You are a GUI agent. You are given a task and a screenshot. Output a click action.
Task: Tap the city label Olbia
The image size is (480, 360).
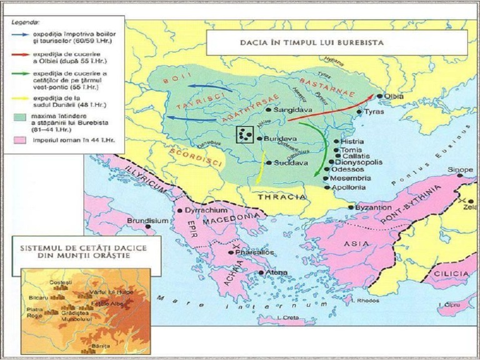click(x=395, y=96)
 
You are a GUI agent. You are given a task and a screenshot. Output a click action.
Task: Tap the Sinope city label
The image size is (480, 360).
click(x=460, y=170)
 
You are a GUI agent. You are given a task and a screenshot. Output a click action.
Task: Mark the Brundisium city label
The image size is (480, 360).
click(x=147, y=221)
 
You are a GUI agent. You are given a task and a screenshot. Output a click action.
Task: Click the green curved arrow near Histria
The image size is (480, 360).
click(x=321, y=147)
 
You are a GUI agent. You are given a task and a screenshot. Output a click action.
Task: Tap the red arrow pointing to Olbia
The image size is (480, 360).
click(x=331, y=110)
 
